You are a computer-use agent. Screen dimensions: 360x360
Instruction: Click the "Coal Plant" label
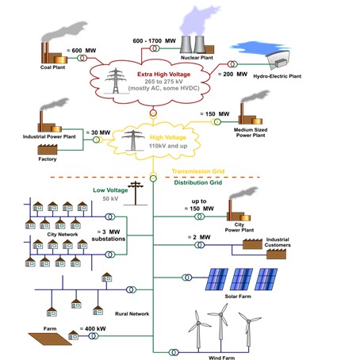click(52, 67)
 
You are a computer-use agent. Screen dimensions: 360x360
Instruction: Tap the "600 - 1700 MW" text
click(154, 41)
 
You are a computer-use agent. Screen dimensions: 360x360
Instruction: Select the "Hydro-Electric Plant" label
click(278, 76)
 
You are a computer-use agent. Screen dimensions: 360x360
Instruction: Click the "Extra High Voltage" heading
click(164, 75)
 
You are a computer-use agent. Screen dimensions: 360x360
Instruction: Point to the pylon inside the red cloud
click(116, 81)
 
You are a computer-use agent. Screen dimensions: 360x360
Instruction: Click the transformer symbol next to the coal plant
click(82, 58)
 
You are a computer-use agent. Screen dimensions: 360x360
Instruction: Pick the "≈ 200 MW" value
click(232, 75)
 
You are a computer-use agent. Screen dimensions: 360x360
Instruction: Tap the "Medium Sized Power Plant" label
click(251, 132)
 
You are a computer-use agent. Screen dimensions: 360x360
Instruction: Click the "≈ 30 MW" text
click(98, 132)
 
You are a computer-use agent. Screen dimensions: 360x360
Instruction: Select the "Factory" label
click(48, 159)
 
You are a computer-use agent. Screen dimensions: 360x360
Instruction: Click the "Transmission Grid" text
click(198, 171)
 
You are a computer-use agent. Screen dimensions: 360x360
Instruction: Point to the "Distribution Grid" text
click(198, 182)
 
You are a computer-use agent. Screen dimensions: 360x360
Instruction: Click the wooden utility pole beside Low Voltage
click(136, 193)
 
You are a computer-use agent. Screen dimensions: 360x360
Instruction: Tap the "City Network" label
click(63, 235)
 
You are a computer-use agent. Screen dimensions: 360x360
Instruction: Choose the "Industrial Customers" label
click(278, 243)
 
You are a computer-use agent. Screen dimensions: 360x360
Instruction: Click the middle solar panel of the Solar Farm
click(242, 279)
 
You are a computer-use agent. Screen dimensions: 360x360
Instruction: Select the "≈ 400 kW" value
click(93, 329)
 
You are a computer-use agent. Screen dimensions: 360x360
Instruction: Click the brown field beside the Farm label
click(50, 339)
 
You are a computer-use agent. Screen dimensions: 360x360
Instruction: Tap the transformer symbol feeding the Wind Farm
click(174, 352)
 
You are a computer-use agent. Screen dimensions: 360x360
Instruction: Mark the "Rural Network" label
click(132, 314)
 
